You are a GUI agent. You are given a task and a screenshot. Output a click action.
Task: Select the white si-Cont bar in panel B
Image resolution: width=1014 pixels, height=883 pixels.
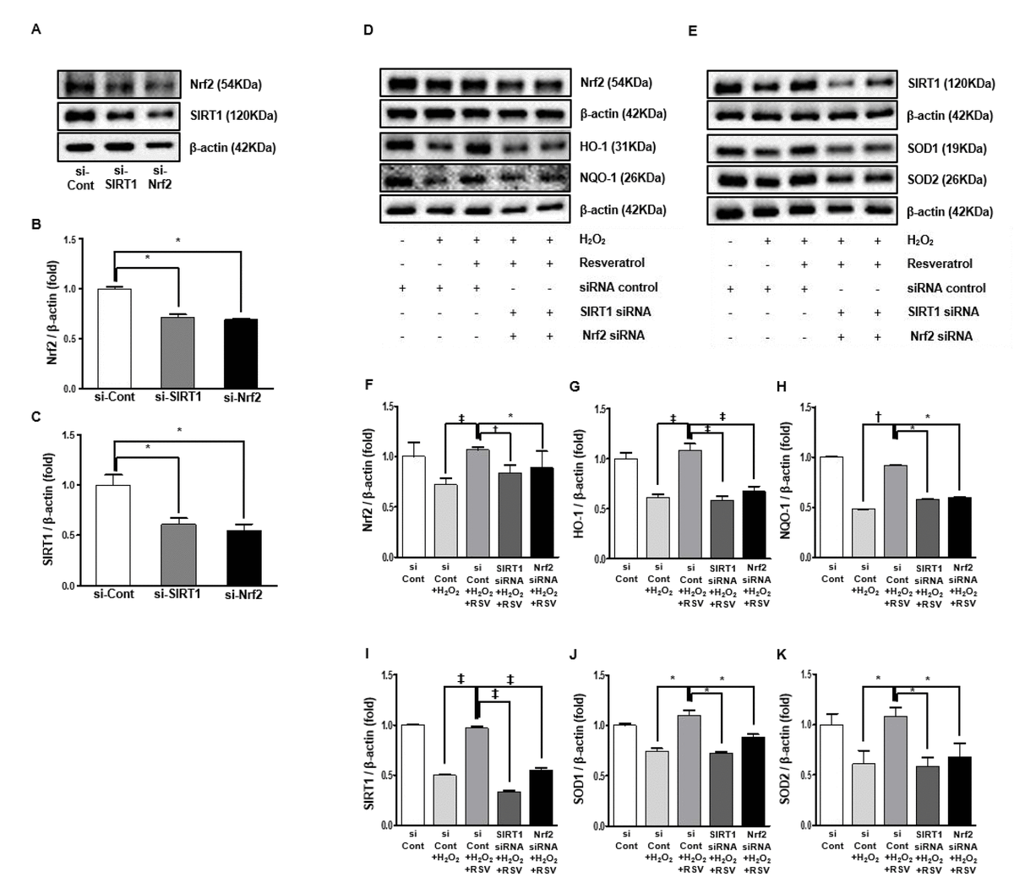(x=114, y=338)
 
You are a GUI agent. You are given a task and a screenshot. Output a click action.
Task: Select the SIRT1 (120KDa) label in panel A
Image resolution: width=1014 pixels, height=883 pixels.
(x=234, y=116)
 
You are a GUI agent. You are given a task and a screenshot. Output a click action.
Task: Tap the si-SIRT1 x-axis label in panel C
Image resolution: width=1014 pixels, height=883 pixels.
(x=177, y=594)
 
